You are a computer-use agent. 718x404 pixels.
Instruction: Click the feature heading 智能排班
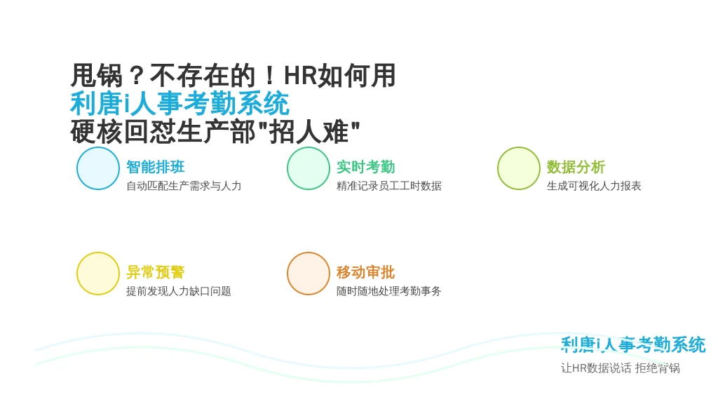(155, 167)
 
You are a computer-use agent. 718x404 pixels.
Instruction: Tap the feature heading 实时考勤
(365, 167)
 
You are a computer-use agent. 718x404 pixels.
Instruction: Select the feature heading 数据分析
(576, 167)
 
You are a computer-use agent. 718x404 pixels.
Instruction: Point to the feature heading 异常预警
(155, 272)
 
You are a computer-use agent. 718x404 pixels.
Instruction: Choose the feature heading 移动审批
(365, 272)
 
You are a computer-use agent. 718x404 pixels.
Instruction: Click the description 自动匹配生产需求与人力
(184, 186)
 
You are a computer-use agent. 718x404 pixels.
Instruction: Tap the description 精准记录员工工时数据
(388, 186)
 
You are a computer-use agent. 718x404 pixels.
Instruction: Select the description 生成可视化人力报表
(594, 186)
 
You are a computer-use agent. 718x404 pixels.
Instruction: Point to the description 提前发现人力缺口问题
(179, 291)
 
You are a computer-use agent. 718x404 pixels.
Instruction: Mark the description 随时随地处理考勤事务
(388, 291)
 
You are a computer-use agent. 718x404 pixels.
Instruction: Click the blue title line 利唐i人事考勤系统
(179, 104)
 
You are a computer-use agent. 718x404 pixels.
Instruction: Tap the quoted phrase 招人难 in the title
(309, 132)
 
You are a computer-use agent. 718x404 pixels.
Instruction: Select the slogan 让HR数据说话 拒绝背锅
(621, 368)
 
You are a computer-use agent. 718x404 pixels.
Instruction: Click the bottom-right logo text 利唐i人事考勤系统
(633, 345)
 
